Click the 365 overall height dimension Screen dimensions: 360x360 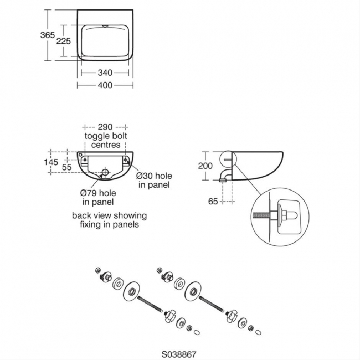(x=48, y=34)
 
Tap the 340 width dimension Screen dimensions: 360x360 (x=105, y=72)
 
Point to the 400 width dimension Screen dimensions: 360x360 (x=105, y=85)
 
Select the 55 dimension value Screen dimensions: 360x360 (x=66, y=166)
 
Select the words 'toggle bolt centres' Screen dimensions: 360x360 (x=102, y=141)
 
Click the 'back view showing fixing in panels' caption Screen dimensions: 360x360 (x=109, y=220)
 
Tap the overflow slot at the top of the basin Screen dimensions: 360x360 (x=105, y=25)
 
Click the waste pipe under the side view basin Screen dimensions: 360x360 (x=223, y=177)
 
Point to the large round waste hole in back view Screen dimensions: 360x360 (x=105, y=172)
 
